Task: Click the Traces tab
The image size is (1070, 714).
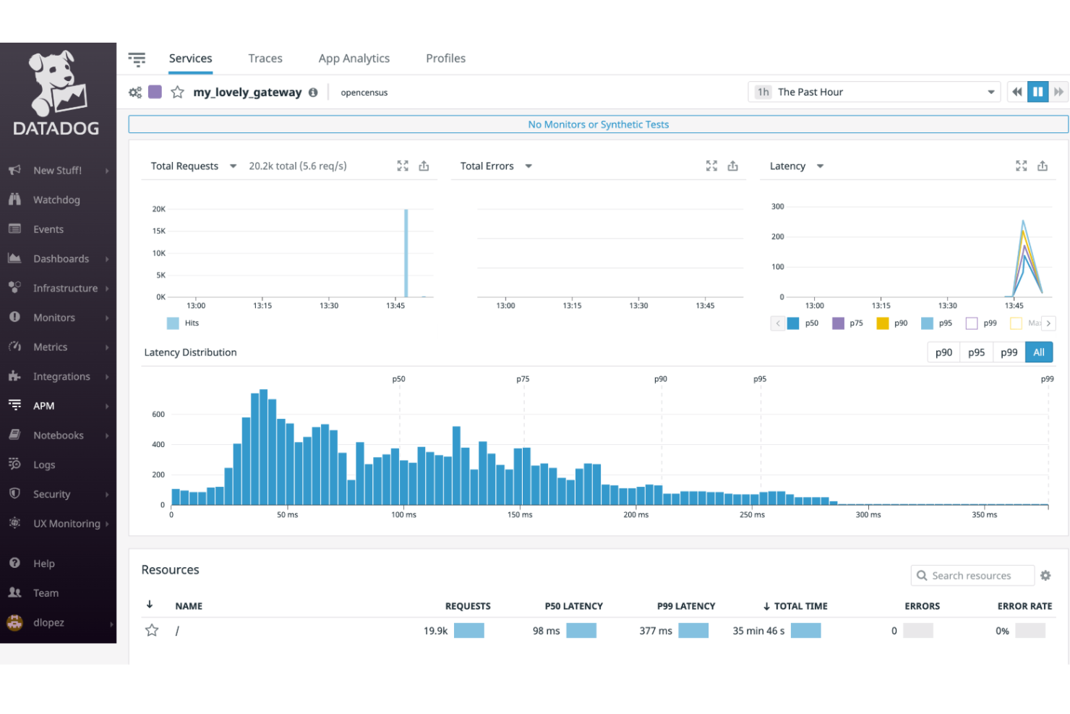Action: tap(265, 59)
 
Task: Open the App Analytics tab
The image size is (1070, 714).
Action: tap(354, 59)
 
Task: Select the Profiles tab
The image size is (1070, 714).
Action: tap(445, 59)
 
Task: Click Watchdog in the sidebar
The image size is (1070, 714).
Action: tap(56, 200)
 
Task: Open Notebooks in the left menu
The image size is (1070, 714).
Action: tap(58, 435)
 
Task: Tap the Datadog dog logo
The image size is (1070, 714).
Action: tap(56, 83)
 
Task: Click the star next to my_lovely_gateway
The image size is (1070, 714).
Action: tap(177, 93)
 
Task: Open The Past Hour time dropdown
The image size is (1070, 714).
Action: tap(873, 93)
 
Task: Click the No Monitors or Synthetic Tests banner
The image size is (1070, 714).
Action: tap(598, 124)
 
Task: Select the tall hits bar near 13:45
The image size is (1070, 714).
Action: tap(406, 253)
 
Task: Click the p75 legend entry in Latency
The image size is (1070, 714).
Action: tap(848, 323)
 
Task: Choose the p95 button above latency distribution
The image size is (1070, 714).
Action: tap(976, 352)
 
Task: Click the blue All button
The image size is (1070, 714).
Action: tap(1039, 352)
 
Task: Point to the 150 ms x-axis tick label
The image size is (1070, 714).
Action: tap(520, 515)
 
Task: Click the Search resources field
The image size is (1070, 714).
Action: tap(972, 576)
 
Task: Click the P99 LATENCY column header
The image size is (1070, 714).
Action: tap(685, 606)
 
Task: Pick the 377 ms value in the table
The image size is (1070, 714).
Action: tap(655, 631)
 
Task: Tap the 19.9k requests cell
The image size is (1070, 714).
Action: tap(435, 631)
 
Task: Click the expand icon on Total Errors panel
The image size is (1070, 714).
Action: tap(711, 166)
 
